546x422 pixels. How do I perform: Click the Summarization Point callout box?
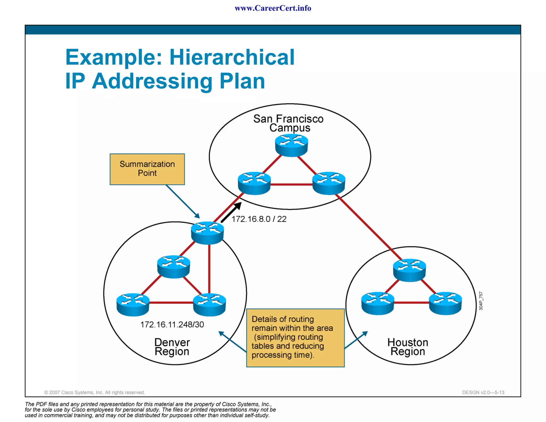pyautogui.click(x=147, y=169)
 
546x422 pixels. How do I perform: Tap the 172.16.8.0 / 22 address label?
pyautogui.click(x=259, y=219)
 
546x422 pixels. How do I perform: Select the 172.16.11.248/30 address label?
pyautogui.click(x=172, y=324)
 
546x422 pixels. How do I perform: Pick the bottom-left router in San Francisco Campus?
pyautogui.click(x=254, y=183)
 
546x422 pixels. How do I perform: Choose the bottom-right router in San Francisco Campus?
pyautogui.click(x=328, y=183)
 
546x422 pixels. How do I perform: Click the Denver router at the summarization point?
pyautogui.click(x=207, y=233)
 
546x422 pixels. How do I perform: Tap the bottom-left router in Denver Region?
pyautogui.click(x=133, y=305)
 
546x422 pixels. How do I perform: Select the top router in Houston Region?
pyautogui.click(x=409, y=270)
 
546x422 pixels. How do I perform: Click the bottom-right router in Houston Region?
pyautogui.click(x=445, y=303)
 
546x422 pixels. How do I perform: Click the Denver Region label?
pyautogui.click(x=172, y=347)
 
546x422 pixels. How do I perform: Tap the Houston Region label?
pyautogui.click(x=408, y=347)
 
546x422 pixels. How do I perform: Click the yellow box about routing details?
pyautogui.click(x=295, y=338)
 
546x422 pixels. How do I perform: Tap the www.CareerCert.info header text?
pyautogui.click(x=273, y=8)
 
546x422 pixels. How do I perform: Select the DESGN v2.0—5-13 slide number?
pyautogui.click(x=483, y=392)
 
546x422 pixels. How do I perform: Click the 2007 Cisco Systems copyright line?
pyautogui.click(x=94, y=392)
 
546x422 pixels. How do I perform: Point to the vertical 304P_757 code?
pyautogui.click(x=481, y=301)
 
